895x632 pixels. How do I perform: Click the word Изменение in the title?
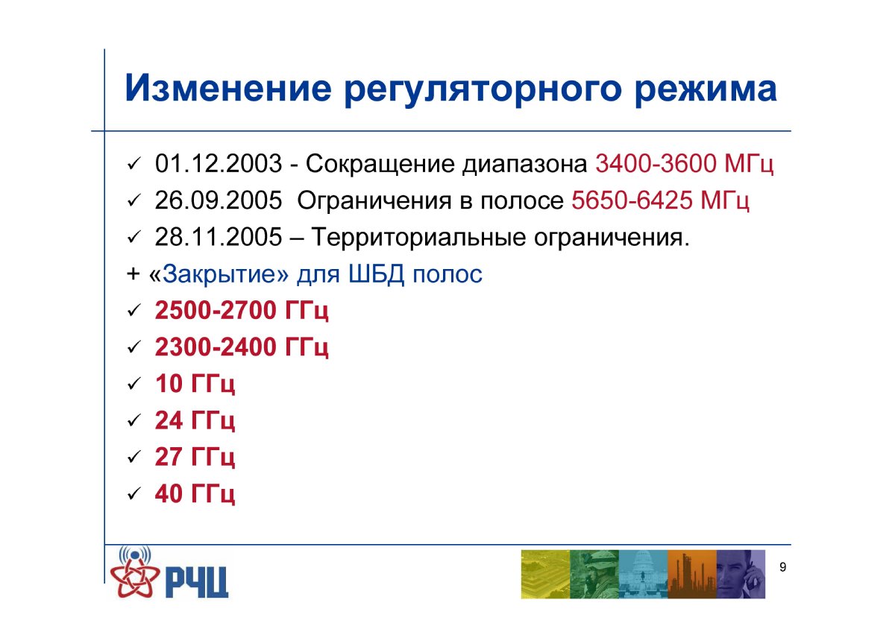(x=228, y=88)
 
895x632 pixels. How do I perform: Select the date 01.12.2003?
(x=219, y=164)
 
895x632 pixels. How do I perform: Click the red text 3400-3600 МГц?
(x=685, y=165)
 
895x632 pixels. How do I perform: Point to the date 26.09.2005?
(x=219, y=200)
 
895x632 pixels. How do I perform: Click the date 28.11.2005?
(x=219, y=237)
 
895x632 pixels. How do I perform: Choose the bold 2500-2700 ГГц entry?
(x=242, y=311)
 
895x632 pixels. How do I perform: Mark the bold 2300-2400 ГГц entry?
(x=242, y=347)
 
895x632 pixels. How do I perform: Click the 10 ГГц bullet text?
(x=195, y=384)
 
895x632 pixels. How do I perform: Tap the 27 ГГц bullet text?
(x=195, y=458)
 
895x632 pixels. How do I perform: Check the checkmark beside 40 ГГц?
(x=134, y=494)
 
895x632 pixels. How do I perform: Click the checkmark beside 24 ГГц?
(x=134, y=420)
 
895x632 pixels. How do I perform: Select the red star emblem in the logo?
(x=135, y=577)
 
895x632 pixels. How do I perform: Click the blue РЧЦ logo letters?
(x=197, y=582)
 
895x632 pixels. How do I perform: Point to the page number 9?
(x=782, y=567)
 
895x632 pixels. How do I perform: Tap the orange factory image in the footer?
(x=692, y=574)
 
